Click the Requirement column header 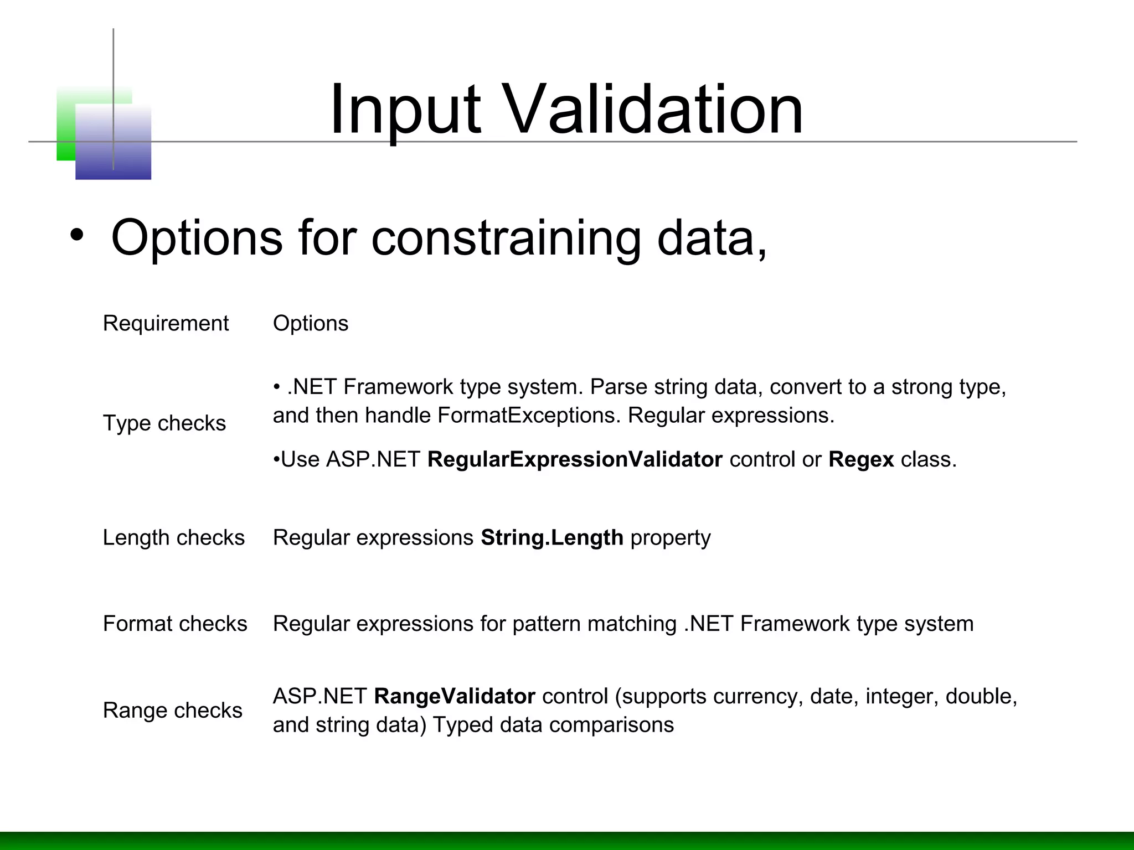(x=166, y=323)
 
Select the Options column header (x=310, y=323)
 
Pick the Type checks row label (x=164, y=423)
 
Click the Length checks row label (x=173, y=537)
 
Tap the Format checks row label (x=175, y=624)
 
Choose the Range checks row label (x=172, y=710)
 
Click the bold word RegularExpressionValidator (x=575, y=459)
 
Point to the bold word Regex (x=861, y=459)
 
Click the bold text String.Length (x=551, y=537)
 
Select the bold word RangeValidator (x=454, y=696)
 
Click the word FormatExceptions (x=529, y=415)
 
